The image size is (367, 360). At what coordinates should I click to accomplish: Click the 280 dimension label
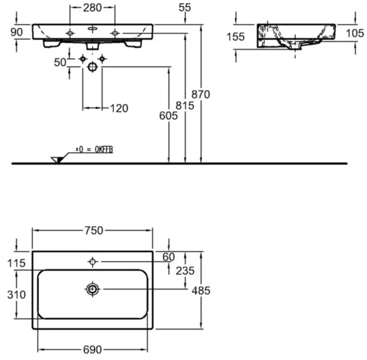pyautogui.click(x=92, y=8)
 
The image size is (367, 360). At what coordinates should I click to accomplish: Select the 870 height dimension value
pyautogui.click(x=201, y=94)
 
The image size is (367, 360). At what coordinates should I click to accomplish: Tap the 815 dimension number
pyautogui.click(x=185, y=105)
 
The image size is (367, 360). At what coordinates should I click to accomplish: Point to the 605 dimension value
pyautogui.click(x=169, y=115)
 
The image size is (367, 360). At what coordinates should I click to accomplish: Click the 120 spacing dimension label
pyautogui.click(x=119, y=108)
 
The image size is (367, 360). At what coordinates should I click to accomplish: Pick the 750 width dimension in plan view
pyautogui.click(x=94, y=231)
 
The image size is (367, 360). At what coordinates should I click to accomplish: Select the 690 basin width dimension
pyautogui.click(x=92, y=350)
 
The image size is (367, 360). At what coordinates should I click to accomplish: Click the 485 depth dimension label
pyautogui.click(x=201, y=291)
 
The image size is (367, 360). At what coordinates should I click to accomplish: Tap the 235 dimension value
pyautogui.click(x=185, y=271)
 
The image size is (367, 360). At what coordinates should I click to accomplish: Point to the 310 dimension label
pyautogui.click(x=16, y=295)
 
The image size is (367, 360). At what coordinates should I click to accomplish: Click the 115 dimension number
pyautogui.click(x=16, y=263)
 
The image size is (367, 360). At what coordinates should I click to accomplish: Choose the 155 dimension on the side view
pyautogui.click(x=235, y=37)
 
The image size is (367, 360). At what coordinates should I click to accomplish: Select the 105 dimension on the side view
pyautogui.click(x=355, y=33)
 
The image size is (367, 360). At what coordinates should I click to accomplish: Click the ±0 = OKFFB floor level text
pyautogui.click(x=95, y=149)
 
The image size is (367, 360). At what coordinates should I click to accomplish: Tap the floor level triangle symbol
pyautogui.click(x=57, y=160)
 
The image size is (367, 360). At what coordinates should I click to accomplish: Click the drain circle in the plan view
pyautogui.click(x=92, y=289)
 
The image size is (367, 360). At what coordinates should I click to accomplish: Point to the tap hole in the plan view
pyautogui.click(x=92, y=262)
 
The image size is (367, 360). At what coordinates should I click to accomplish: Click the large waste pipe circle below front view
pyautogui.click(x=92, y=67)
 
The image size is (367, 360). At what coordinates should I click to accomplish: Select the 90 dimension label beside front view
pyautogui.click(x=16, y=32)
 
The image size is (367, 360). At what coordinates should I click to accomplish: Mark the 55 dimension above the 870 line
pyautogui.click(x=185, y=7)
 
